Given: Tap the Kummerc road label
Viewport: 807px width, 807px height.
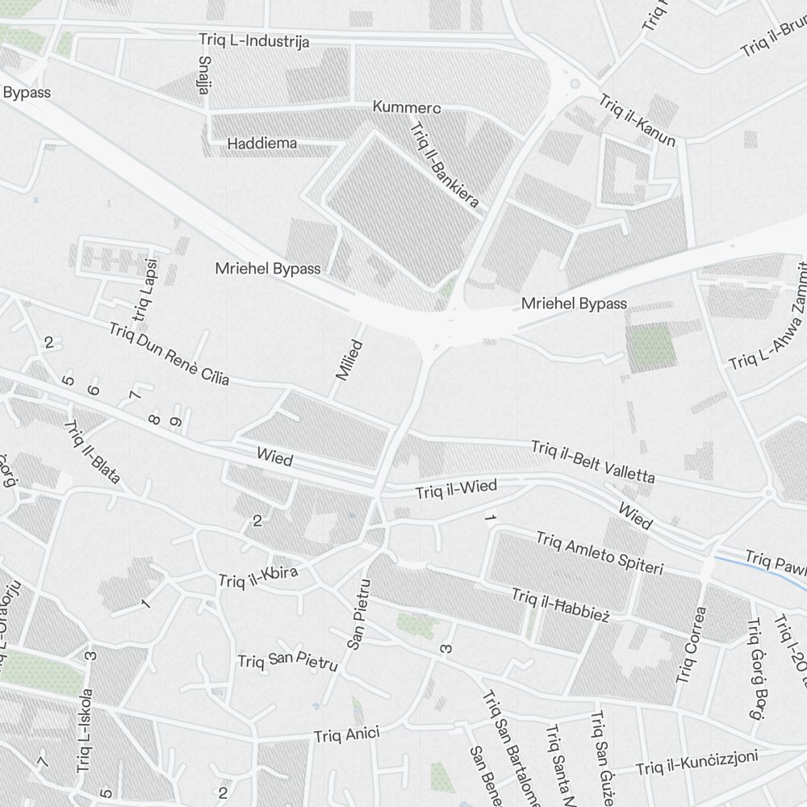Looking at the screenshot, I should (x=407, y=107).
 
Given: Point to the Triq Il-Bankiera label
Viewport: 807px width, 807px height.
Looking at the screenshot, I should (x=444, y=165).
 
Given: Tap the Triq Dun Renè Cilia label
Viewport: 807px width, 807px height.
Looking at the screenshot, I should (x=169, y=353).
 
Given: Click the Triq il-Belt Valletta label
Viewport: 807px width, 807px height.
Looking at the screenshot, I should (x=592, y=462).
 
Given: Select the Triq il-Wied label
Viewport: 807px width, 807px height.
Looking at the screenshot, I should (x=456, y=489).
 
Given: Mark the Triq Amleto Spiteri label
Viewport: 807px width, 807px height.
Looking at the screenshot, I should (x=599, y=553).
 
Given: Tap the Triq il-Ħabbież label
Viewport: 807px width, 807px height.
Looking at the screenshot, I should (x=559, y=604).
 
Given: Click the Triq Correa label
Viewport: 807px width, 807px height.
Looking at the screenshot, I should (x=692, y=644).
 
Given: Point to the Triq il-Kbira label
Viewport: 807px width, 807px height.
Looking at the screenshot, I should (x=258, y=576).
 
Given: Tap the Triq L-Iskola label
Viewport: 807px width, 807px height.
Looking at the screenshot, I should (x=85, y=730).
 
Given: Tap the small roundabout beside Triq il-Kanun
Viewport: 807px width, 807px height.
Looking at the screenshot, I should (x=575, y=83).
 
